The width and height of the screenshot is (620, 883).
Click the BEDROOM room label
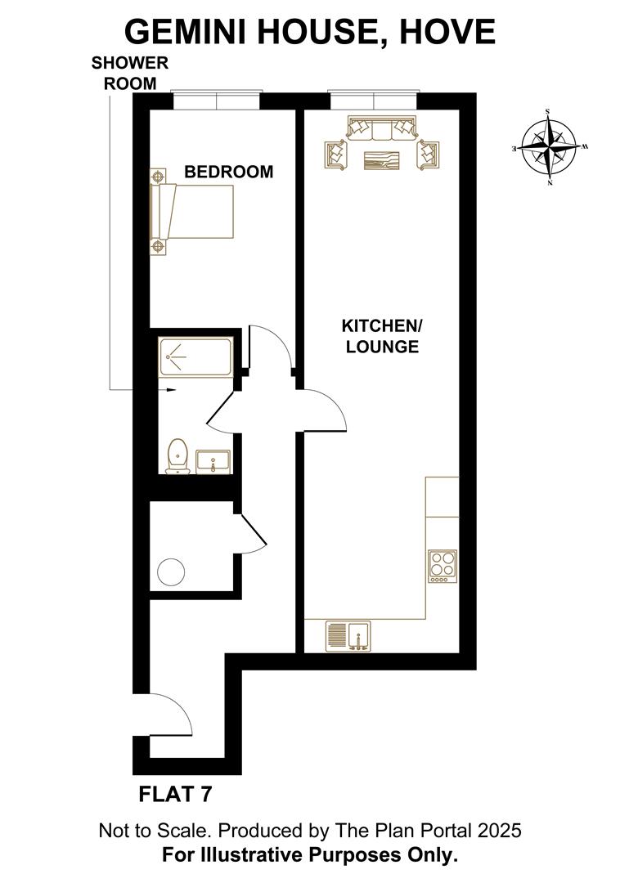click(228, 173)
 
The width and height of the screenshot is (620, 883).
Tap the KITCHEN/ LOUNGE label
click(381, 336)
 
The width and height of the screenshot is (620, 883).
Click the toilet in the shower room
click(177, 456)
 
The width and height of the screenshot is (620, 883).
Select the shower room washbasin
click(213, 461)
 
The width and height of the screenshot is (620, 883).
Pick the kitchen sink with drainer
click(348, 634)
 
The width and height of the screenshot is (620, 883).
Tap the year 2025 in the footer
click(496, 831)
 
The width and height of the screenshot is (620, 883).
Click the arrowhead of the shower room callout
click(171, 390)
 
